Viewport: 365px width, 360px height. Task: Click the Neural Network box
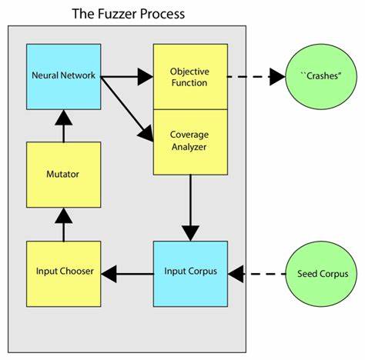[x=63, y=76]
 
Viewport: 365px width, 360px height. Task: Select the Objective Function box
[x=190, y=76]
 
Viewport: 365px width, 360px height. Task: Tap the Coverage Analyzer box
[x=190, y=141]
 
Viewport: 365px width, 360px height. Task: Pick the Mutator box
[x=63, y=175]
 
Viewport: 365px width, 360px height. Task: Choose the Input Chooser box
[x=63, y=272]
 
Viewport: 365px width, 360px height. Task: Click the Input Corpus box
[x=190, y=272]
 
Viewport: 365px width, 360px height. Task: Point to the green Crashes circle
[x=316, y=77]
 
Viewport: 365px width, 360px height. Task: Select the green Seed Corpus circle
[x=316, y=273]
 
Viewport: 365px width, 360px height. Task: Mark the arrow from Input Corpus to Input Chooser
[x=127, y=272]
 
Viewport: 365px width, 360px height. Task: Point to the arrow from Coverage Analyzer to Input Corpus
[x=190, y=207]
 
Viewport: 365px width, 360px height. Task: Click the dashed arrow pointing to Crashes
[x=256, y=76]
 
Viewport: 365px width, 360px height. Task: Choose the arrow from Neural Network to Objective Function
[x=127, y=76]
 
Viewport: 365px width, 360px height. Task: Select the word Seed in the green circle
[x=303, y=274]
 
